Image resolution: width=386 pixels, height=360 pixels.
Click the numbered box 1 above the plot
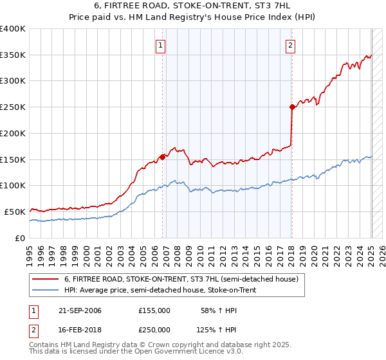[160, 45]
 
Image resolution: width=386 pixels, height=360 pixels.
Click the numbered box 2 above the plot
[291, 45]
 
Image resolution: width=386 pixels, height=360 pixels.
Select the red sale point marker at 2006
[162, 156]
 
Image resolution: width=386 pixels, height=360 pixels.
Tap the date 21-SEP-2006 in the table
[80, 311]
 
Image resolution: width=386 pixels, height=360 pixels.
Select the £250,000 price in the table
[154, 329]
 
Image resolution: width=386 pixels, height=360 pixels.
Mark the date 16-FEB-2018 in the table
[80, 329]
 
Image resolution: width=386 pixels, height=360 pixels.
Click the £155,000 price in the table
[154, 311]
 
